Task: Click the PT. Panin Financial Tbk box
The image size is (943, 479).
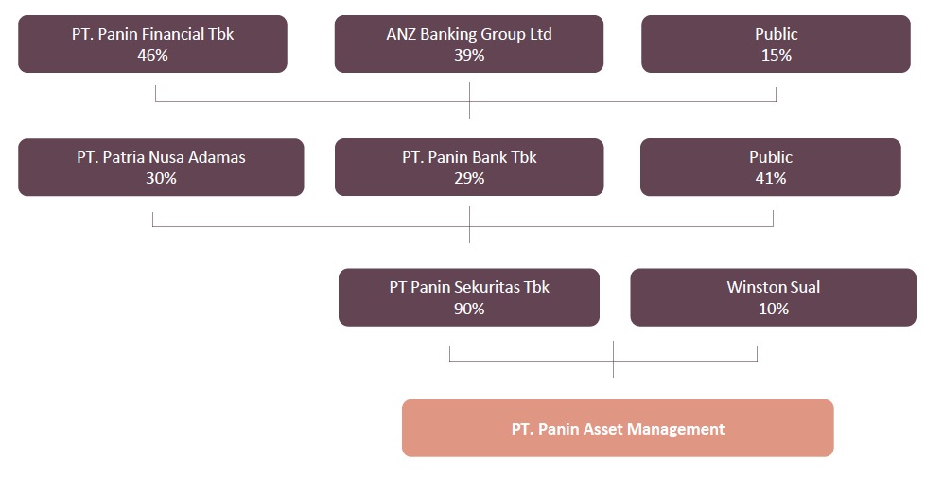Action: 153,44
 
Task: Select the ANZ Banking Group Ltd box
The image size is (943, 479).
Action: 469,44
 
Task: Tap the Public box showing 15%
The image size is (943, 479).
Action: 776,44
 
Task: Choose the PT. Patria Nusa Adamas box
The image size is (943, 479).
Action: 161,168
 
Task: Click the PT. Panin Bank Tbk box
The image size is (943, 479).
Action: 469,168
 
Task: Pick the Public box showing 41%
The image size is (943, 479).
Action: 771,168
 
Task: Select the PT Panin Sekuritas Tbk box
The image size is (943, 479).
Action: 469,297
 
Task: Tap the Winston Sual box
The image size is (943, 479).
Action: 774,297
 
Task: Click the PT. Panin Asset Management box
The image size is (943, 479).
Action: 618,429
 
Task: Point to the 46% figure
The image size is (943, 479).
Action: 153,55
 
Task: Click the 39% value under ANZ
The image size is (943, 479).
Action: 469,55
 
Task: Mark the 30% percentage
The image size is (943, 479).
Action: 161,179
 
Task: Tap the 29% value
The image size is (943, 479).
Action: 469,179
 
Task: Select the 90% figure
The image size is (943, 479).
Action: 469,309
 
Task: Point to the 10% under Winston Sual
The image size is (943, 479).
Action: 774,309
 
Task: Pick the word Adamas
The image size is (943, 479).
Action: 217,158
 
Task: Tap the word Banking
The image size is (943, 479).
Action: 447,35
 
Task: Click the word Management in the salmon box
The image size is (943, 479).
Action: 676,429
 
